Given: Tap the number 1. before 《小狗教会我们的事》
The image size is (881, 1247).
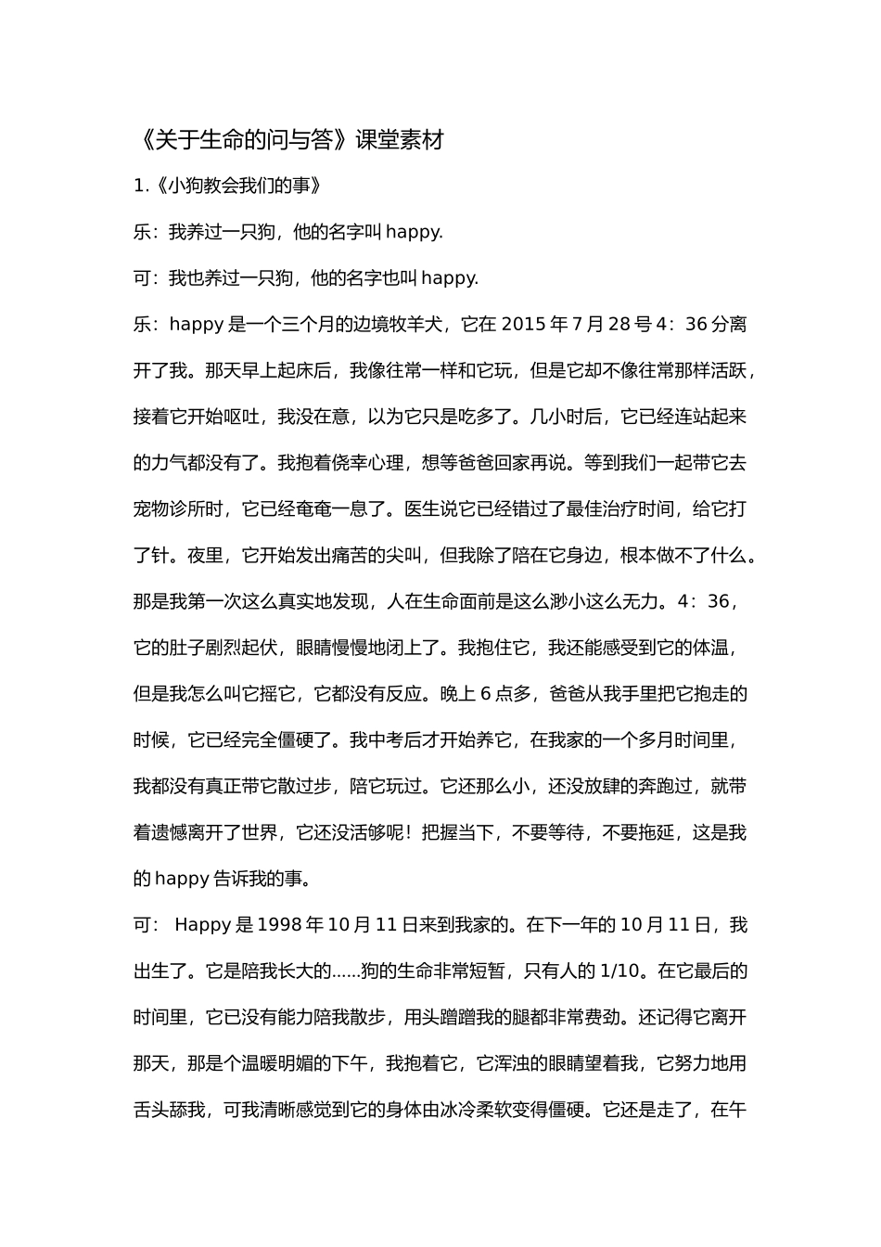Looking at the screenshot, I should (141, 186).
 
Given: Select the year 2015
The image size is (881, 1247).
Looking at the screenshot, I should (525, 325).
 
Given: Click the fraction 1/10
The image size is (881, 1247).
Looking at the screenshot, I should (620, 971).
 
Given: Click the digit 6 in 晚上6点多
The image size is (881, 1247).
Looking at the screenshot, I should (485, 694).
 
